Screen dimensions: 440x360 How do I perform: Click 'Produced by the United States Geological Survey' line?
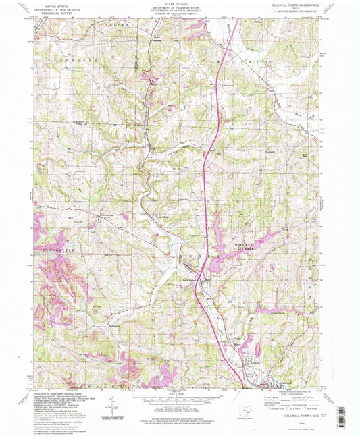click(x=61, y=391)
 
